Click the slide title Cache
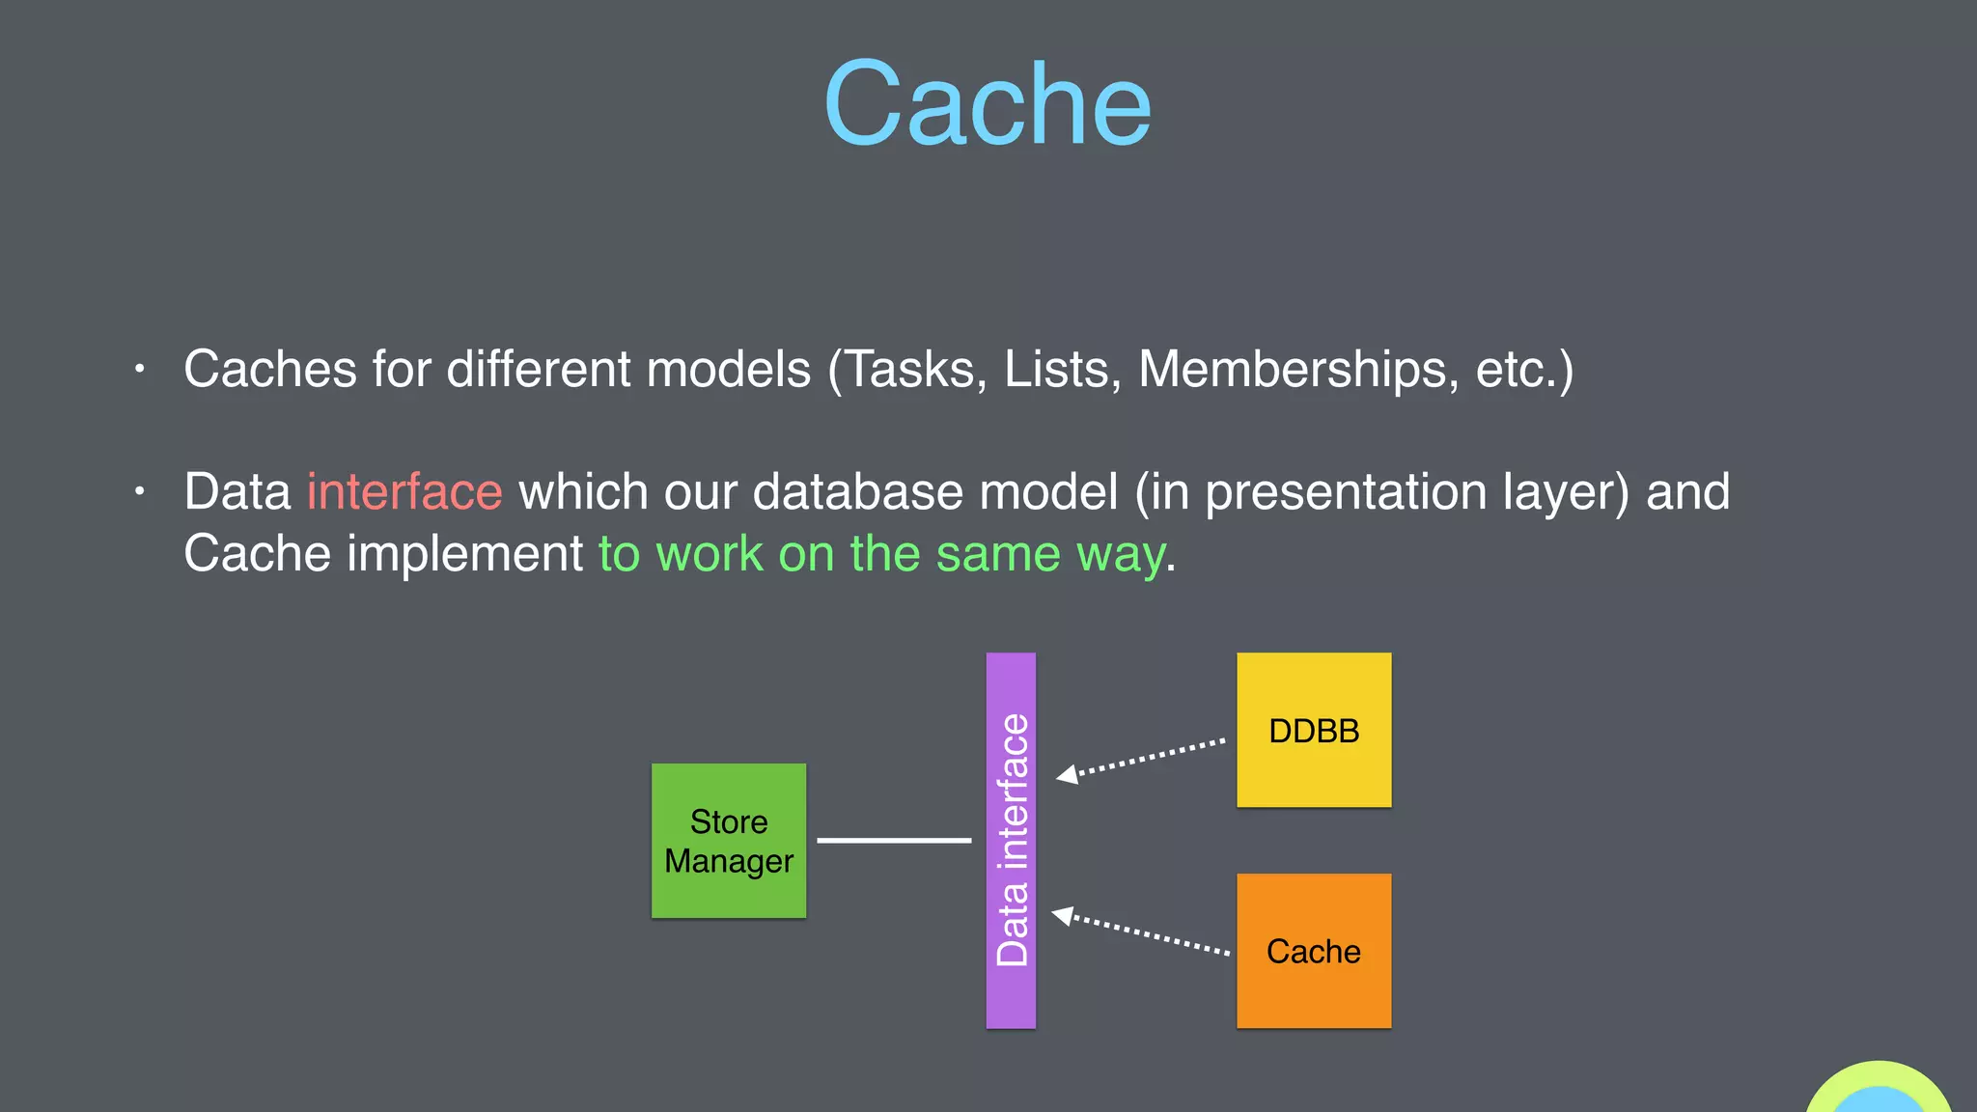pos(987,104)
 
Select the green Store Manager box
pos(729,841)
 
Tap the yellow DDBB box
pos(1314,730)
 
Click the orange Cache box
pos(1314,951)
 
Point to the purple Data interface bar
pos(1011,840)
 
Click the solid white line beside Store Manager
pos(894,841)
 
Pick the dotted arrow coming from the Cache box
pos(1144,933)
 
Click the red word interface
pos(404,492)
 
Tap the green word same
pos(998,554)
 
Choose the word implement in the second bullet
pos(464,554)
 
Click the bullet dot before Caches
pos(140,369)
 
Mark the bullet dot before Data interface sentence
pos(140,491)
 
